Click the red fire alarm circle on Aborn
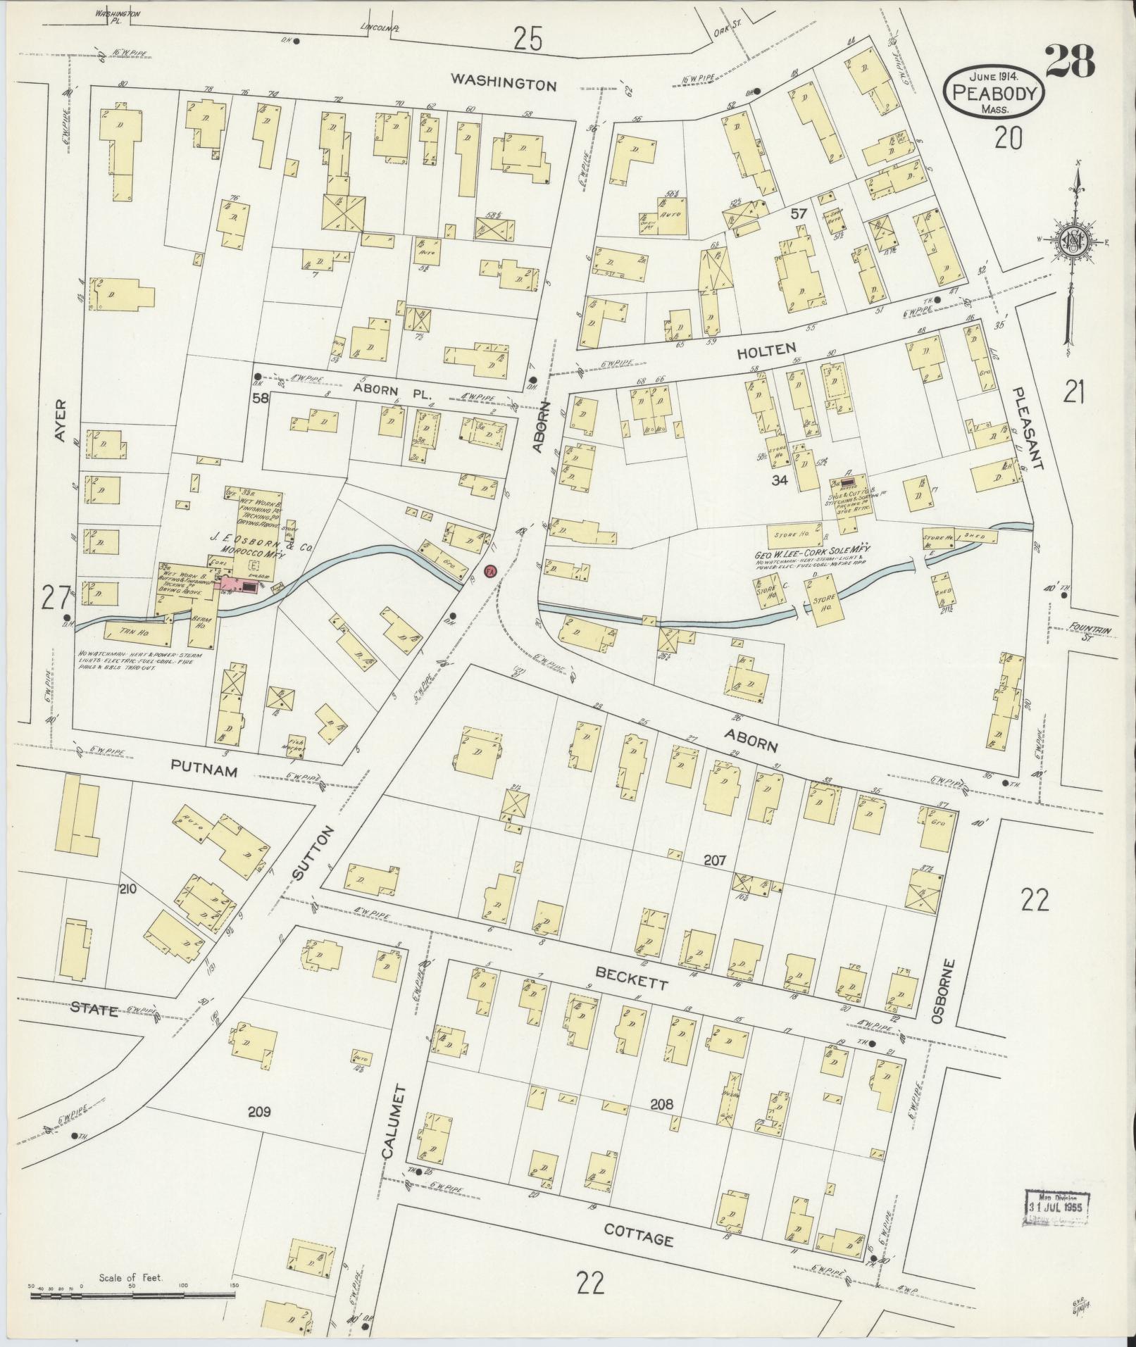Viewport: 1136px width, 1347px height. point(492,570)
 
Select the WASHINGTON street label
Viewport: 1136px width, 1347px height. point(504,84)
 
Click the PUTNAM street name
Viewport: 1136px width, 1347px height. point(202,771)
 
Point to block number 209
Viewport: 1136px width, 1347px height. point(259,1112)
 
